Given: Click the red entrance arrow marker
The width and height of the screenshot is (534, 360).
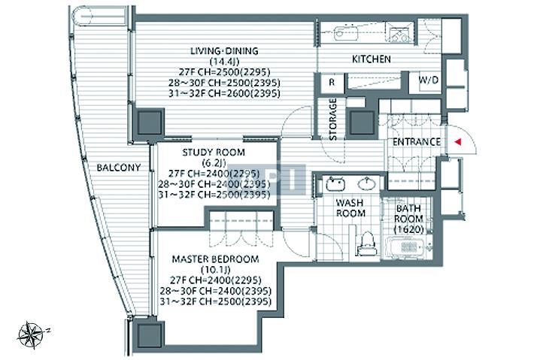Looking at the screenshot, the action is click(x=458, y=142).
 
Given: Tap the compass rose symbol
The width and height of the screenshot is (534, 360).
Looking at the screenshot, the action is click(x=31, y=334).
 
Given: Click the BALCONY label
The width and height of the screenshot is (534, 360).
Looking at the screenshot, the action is click(x=119, y=168).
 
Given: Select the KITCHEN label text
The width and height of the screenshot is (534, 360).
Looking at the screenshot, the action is click(x=372, y=59).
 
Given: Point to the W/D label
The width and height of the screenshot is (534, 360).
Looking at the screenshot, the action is click(x=428, y=80).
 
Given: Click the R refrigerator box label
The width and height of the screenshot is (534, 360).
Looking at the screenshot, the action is click(x=332, y=83).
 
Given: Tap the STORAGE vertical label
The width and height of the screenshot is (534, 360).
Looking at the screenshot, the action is click(x=333, y=119).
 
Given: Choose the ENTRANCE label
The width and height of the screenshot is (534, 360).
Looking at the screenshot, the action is click(x=416, y=142).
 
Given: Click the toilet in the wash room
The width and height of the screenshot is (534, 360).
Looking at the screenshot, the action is click(x=367, y=244).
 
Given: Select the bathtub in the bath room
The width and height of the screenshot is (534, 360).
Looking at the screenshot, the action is click(x=405, y=247).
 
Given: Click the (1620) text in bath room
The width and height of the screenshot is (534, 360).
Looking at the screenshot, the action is click(x=408, y=229).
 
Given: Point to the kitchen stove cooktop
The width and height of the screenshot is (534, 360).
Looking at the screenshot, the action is click(x=400, y=33).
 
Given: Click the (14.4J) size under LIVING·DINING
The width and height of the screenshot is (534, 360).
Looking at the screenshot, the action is click(x=224, y=62).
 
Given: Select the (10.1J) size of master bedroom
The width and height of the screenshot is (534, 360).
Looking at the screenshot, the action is click(x=216, y=270).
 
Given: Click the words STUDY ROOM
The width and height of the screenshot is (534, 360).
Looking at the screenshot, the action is click(x=214, y=153).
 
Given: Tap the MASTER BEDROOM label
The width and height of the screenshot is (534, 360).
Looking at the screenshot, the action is click(x=216, y=259).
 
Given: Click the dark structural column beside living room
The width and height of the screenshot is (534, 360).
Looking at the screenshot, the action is click(x=150, y=123).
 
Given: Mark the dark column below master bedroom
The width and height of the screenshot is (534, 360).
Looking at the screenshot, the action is click(x=148, y=335).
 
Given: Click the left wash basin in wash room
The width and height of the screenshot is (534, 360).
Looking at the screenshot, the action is click(x=335, y=184).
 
